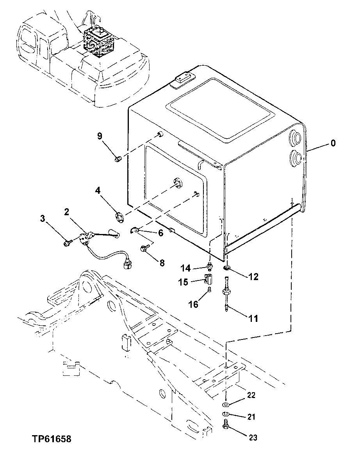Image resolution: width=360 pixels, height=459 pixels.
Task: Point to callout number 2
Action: tap(67, 212)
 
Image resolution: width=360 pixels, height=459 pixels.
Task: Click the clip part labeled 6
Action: tap(134, 231)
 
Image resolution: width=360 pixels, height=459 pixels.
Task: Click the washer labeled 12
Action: tap(227, 268)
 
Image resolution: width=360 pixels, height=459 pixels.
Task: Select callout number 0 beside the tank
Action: tap(333, 143)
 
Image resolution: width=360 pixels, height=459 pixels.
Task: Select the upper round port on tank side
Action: tap(295, 138)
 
